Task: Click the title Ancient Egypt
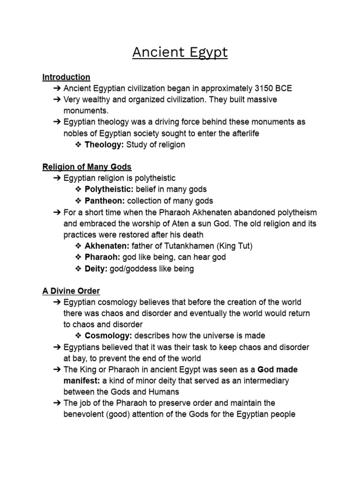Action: (180, 52)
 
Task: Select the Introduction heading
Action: (66, 77)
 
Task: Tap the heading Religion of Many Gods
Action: (87, 167)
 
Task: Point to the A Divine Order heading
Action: (71, 291)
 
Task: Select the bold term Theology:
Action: (104, 145)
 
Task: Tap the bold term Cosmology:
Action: (108, 336)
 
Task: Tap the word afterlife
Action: (243, 134)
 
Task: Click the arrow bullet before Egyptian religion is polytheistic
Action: (57, 178)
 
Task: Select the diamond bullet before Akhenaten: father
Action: (78, 246)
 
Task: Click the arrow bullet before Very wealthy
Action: (57, 100)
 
